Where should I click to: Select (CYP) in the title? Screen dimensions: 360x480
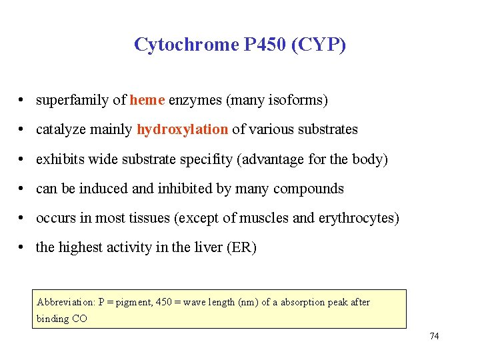point(321,45)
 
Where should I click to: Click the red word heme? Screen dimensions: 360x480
point(147,100)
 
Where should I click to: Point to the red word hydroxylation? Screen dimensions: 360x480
point(183,129)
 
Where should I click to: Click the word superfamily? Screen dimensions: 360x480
point(72,100)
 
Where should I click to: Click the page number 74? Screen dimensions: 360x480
point(434,336)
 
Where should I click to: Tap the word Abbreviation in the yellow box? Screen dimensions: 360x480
point(65,302)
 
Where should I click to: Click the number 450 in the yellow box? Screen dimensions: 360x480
point(163,302)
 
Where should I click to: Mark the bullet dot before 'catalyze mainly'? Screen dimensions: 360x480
point(23,129)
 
